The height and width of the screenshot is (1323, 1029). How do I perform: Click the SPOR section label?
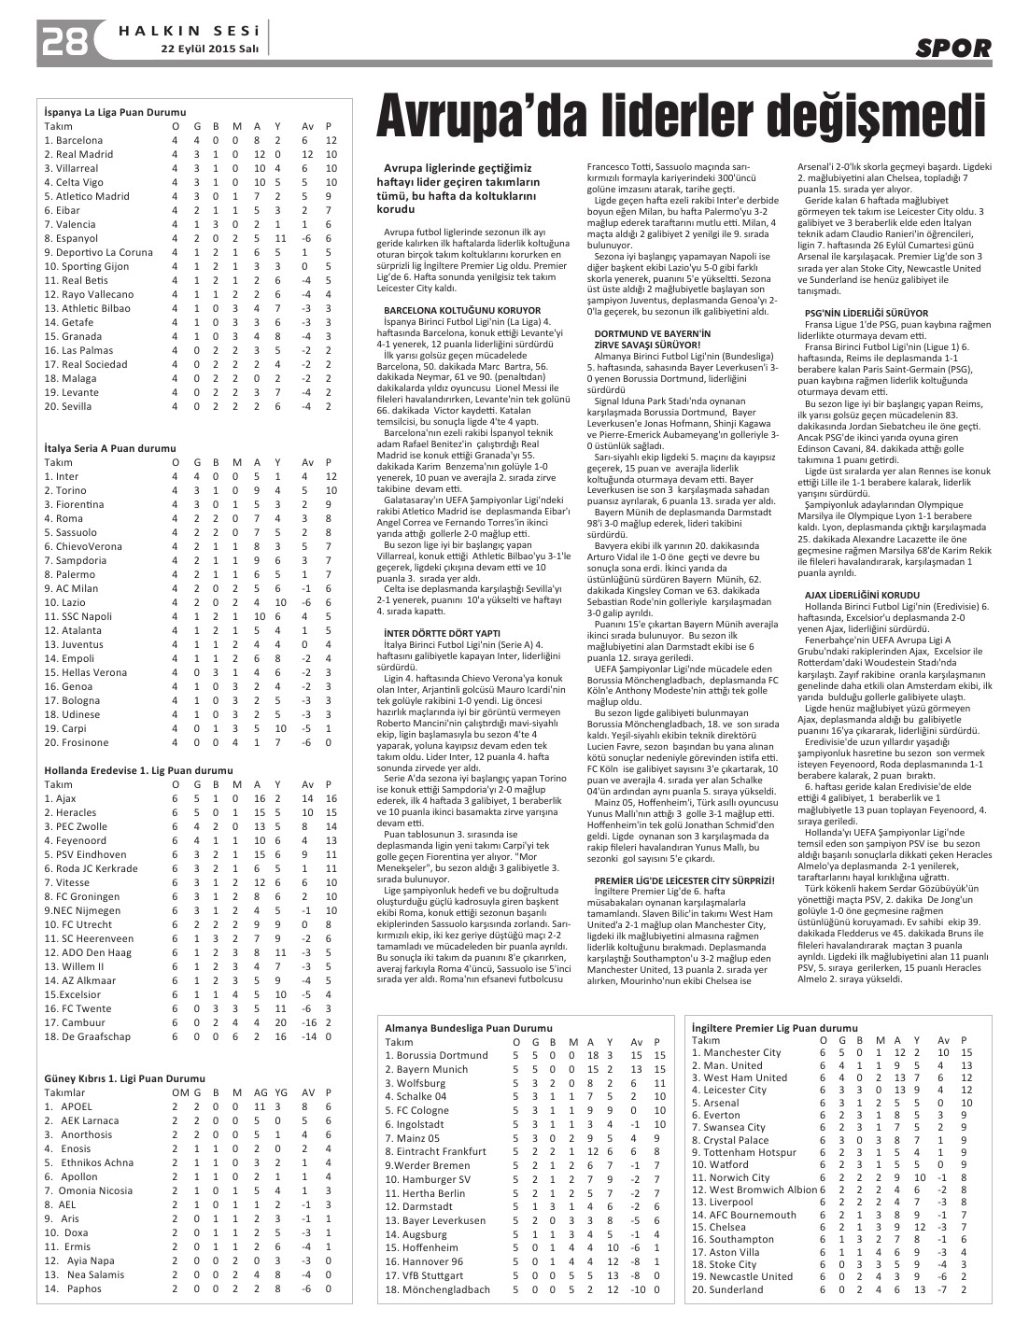tap(952, 49)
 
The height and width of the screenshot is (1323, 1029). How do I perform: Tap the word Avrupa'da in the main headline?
tap(493, 117)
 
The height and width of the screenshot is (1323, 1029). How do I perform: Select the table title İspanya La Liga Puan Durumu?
tap(115, 112)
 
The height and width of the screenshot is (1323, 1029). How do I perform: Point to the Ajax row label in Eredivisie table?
tap(65, 798)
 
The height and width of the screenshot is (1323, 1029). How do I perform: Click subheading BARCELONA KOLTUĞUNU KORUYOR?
tap(462, 310)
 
